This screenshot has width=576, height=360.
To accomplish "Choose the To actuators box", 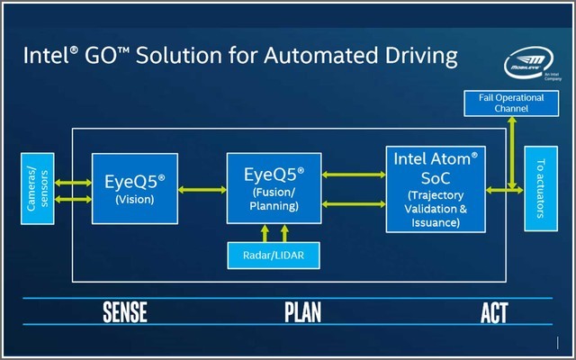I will click(x=539, y=189).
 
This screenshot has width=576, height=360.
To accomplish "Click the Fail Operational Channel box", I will click(x=509, y=102).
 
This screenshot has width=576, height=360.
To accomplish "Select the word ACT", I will click(x=494, y=312).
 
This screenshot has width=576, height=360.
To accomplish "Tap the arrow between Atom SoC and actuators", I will click(x=504, y=189).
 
